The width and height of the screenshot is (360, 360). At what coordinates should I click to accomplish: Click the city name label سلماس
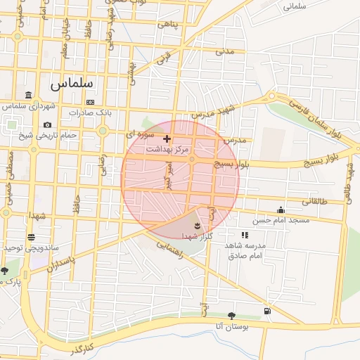tap(72, 82)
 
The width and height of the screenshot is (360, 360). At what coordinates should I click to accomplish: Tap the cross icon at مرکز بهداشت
tap(167, 139)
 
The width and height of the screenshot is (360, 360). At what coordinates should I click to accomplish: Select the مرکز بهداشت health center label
tap(167, 150)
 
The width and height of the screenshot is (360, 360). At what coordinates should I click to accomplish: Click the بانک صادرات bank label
tap(91, 112)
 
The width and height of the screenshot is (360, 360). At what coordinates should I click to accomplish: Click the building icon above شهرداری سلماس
tap(28, 95)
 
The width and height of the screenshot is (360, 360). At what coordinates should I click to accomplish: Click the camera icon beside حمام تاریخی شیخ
tap(47, 125)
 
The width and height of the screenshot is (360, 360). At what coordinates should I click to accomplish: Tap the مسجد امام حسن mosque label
tap(281, 220)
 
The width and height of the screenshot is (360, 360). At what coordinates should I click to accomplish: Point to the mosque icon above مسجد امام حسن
tap(281, 210)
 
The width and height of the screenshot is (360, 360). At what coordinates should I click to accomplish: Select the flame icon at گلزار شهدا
tap(197, 226)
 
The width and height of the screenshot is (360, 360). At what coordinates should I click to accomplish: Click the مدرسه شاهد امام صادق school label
tap(245, 250)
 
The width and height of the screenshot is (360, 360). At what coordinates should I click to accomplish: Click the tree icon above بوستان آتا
tap(232, 316)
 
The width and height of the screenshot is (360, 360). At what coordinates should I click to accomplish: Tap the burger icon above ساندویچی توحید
tap(31, 238)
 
